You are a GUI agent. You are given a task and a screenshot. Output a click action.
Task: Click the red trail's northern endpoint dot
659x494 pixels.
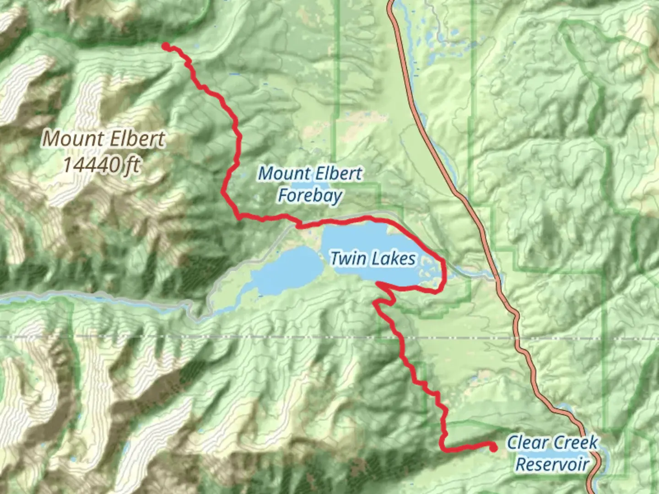point(166,46)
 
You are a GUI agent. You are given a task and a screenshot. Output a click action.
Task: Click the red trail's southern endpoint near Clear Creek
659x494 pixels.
point(493,448)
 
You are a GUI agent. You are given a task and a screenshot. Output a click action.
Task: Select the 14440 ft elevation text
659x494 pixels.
point(101,164)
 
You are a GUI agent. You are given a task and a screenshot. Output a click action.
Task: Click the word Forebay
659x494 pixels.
point(310,196)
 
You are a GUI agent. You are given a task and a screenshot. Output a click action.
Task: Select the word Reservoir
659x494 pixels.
point(552,464)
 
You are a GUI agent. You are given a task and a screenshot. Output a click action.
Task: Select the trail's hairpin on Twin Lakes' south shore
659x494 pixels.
point(378,285)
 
